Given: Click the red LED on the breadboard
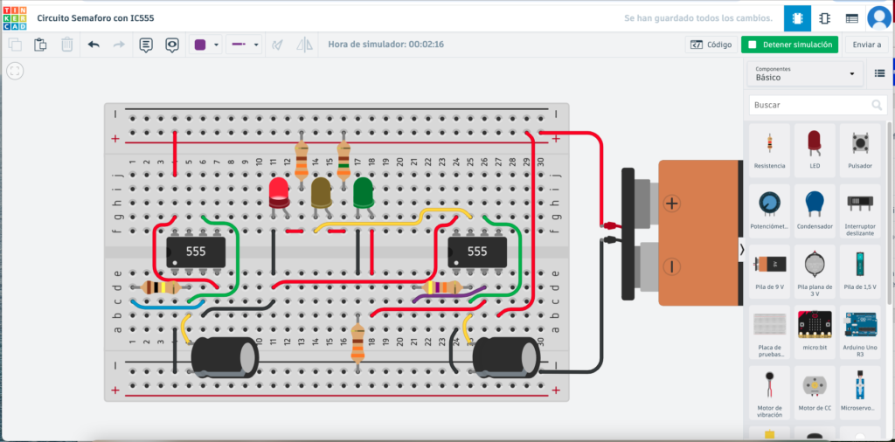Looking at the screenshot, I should click(x=280, y=193).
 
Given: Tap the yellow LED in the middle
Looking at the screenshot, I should click(x=322, y=193).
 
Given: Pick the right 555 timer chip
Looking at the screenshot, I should click(x=476, y=252).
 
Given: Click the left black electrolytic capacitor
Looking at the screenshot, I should click(x=224, y=358).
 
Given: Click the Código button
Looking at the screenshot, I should click(x=711, y=45).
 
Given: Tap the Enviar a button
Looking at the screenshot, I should click(x=866, y=45).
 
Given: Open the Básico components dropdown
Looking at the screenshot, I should click(x=805, y=74).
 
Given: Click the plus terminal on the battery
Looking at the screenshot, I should click(x=670, y=204).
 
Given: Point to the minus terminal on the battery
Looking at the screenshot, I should click(x=670, y=266).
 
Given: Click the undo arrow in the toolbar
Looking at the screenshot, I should click(x=94, y=45).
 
